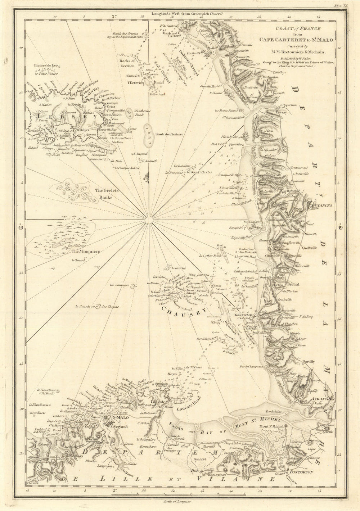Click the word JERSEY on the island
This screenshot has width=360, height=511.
point(67,117)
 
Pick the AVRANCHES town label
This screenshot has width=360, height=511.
point(323,399)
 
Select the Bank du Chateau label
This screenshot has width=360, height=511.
point(169,134)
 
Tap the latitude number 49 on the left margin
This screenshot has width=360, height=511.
point(20,227)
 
